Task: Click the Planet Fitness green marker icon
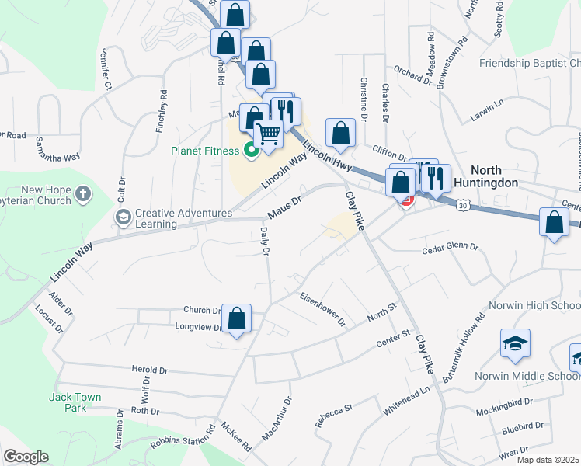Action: pyautogui.click(x=250, y=150)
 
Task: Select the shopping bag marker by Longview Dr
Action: pyautogui.click(x=237, y=318)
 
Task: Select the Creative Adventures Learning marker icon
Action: pyautogui.click(x=122, y=216)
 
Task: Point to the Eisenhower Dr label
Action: pyautogui.click(x=322, y=310)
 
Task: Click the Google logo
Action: pyautogui.click(x=26, y=457)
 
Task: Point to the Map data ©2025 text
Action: pyautogui.click(x=548, y=460)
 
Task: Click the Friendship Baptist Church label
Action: pyautogui.click(x=530, y=63)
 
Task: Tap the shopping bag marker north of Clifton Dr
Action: pyautogui.click(x=340, y=133)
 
